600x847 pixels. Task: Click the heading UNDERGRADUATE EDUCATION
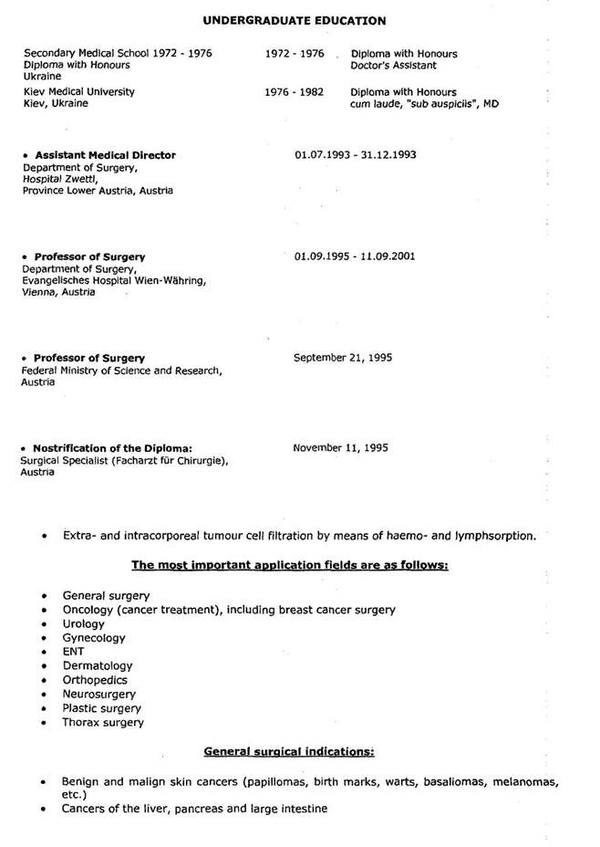click(x=294, y=20)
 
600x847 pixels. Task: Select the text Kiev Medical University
click(x=79, y=92)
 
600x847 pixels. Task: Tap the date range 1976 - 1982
click(x=295, y=92)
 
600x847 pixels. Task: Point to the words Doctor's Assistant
click(x=393, y=66)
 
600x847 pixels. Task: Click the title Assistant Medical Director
click(x=105, y=155)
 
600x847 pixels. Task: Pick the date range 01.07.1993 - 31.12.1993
click(x=355, y=154)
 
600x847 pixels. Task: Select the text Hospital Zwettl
click(x=58, y=179)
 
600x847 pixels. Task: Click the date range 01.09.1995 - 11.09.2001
click(x=355, y=256)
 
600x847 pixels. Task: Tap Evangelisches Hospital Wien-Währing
click(x=114, y=280)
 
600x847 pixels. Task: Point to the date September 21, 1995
click(x=343, y=357)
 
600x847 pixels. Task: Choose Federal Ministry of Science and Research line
click(x=120, y=370)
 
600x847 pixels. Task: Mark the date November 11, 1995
click(x=341, y=447)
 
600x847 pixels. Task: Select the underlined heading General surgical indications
click(x=289, y=751)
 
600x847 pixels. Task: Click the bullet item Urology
click(x=83, y=624)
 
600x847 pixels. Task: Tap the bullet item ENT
click(x=73, y=652)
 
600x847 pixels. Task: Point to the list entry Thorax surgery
click(x=103, y=722)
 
